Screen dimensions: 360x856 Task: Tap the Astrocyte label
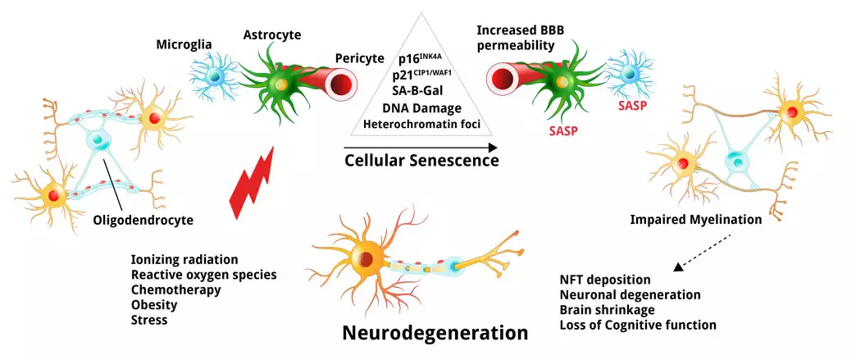[x=272, y=34]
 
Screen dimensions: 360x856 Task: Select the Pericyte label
[x=360, y=58]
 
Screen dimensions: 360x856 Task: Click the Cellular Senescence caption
[x=421, y=161]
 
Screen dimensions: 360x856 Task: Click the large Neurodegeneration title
[x=435, y=334]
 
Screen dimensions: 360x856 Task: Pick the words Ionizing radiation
[x=184, y=259]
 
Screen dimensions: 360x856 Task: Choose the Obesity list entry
[x=156, y=304]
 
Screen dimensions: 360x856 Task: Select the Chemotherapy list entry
[x=174, y=289]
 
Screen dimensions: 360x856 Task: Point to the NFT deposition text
[x=604, y=280]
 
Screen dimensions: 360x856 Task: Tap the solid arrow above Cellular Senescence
[x=421, y=148]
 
